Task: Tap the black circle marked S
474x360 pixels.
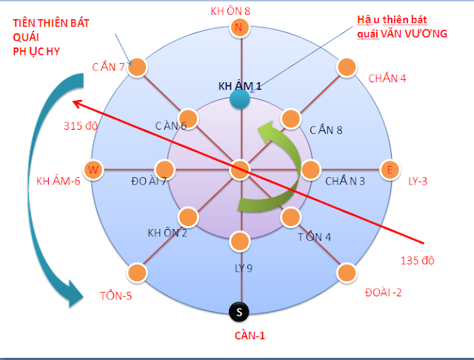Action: [x=238, y=312]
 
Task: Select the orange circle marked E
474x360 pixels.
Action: [x=388, y=170]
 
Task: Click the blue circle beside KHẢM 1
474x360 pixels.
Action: [x=239, y=99]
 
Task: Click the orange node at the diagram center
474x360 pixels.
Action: [x=238, y=170]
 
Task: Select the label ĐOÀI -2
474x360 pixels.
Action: [x=383, y=293]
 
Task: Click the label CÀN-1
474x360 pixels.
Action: [x=244, y=335]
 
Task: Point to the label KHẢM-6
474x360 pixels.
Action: [x=58, y=180]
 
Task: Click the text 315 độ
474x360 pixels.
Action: [x=81, y=125]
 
